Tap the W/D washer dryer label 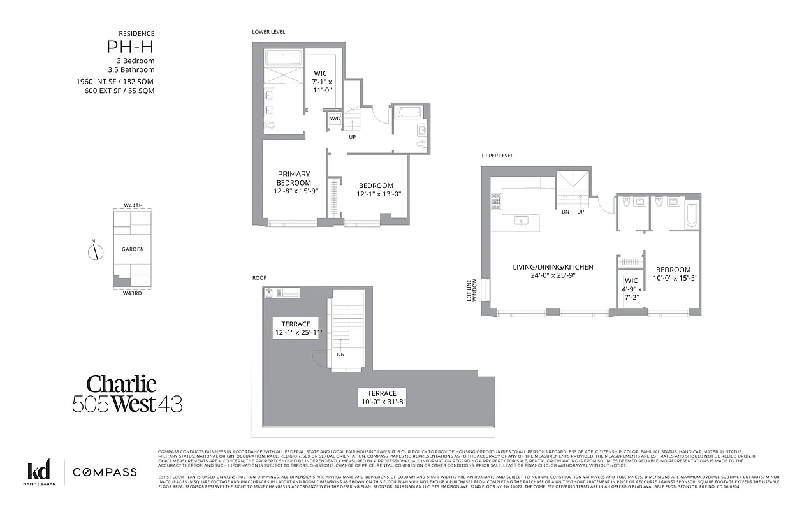[335, 118]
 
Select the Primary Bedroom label [293, 182]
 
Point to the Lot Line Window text [471, 289]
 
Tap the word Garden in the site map [133, 249]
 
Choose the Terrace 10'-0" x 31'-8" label [381, 398]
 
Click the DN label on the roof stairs [340, 354]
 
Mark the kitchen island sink [522, 221]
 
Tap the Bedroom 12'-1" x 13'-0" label [376, 190]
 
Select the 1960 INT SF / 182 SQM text [115, 82]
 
